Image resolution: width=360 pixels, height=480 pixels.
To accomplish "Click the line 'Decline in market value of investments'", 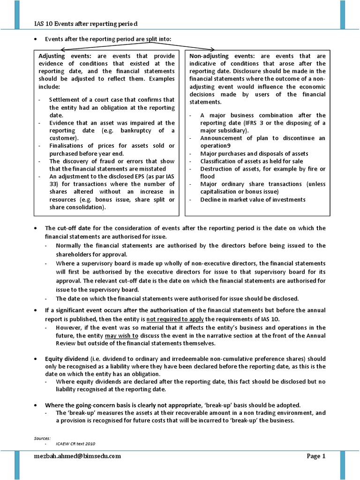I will pos(253,199).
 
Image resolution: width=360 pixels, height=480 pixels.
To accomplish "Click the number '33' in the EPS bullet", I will pos(53,184).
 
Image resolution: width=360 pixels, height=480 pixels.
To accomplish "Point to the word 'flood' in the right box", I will pos(208,176).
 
